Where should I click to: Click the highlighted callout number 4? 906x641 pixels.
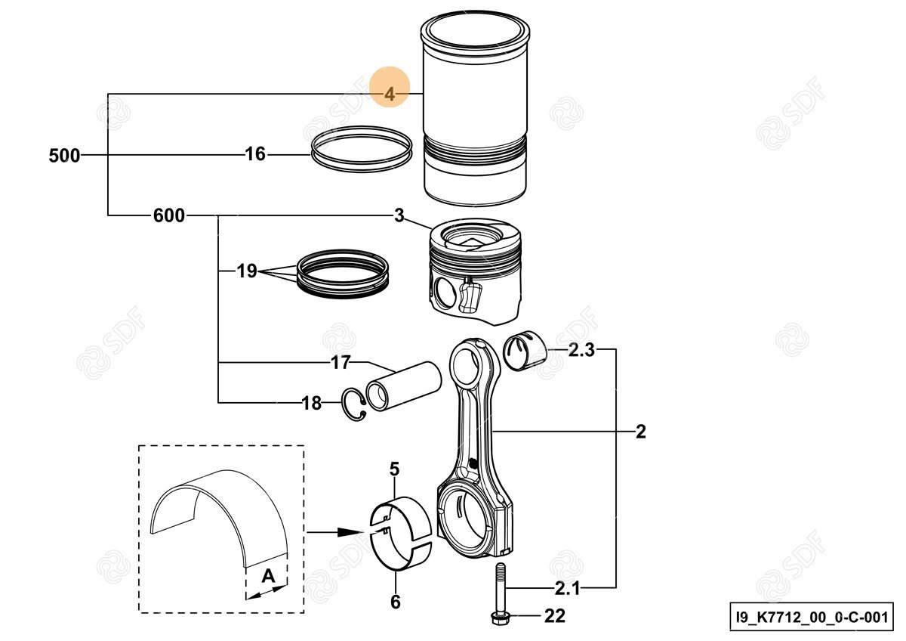[x=390, y=94]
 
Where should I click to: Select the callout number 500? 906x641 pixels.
[x=64, y=156]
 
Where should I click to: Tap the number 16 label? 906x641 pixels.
[x=256, y=155]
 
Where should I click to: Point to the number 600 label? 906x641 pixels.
[x=168, y=216]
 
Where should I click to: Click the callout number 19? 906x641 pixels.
[x=247, y=271]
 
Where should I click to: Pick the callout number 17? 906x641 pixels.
[x=341, y=363]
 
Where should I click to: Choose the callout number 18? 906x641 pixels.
[x=312, y=404]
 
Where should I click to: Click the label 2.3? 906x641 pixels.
[x=581, y=349]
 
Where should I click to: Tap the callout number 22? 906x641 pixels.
[x=554, y=617]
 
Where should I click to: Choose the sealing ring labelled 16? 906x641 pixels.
[x=362, y=148]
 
